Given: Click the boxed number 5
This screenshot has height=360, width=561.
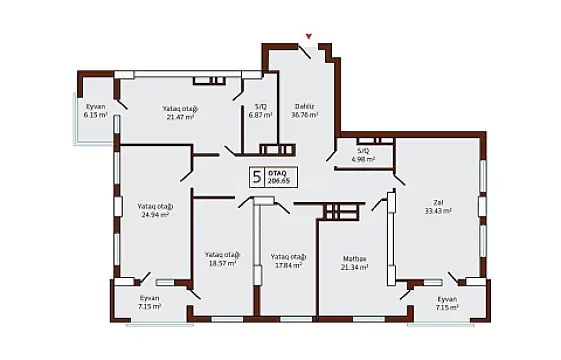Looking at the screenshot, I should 257,178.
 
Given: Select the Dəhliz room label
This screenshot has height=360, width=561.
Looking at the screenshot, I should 305,107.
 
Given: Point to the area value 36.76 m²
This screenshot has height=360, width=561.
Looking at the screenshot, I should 305,116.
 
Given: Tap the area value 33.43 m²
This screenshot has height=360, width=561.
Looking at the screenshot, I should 438,212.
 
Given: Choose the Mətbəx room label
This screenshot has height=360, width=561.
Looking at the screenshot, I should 354,258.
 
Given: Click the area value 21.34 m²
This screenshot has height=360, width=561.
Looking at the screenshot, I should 354,267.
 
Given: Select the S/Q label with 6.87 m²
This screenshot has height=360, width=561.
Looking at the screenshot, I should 261,107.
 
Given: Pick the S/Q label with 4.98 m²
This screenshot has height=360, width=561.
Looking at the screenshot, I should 360,151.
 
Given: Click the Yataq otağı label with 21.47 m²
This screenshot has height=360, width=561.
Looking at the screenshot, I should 180,108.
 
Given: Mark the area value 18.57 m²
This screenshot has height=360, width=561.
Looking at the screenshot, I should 221,263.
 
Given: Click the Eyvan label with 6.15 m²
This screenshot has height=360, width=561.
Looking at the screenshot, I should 94,106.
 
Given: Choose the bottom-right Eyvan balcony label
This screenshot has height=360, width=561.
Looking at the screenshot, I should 447,299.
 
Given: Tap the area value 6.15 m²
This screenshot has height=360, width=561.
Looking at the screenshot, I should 94,115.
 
